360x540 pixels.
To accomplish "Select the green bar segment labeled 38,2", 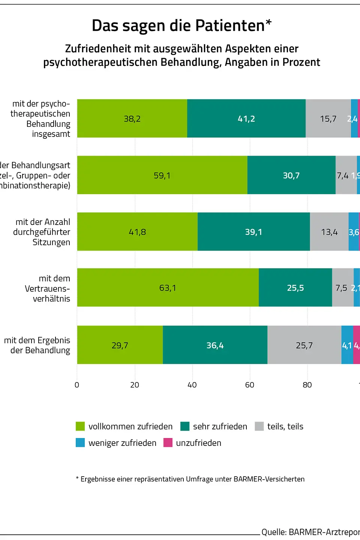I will (x=132, y=118).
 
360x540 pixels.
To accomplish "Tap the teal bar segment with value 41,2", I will (x=246, y=118).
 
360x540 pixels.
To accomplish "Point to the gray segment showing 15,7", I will (x=328, y=118).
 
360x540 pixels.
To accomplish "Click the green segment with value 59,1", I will (x=162, y=175).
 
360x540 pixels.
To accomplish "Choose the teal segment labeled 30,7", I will (x=291, y=175).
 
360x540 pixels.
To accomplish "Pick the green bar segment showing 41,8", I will (x=137, y=232).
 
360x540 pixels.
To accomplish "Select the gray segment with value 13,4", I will (x=329, y=232).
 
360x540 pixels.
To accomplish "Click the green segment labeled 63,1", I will (x=168, y=288).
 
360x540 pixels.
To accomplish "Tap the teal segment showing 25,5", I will (x=295, y=288).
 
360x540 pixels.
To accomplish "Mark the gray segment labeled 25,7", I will (x=304, y=345).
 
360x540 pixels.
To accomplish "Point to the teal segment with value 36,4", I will (x=215, y=345).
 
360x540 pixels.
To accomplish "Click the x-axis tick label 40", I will (x=192, y=385).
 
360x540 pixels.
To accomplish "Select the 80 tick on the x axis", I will (x=307, y=385).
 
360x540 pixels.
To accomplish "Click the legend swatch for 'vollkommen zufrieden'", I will (x=80, y=426).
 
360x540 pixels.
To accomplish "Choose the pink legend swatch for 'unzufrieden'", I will (x=168, y=443).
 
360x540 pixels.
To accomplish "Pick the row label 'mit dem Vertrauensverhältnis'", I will (x=48, y=288).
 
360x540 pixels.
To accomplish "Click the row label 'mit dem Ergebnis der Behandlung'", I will (x=37, y=345).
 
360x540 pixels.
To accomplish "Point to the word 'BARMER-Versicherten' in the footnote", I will (x=269, y=479).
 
